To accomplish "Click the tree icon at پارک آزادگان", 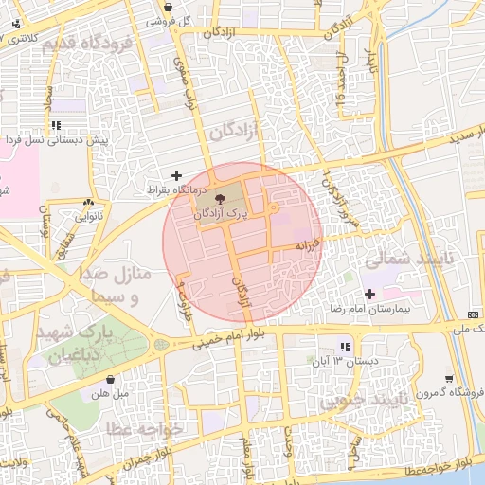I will [x=221, y=199].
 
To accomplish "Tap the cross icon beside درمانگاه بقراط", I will [x=176, y=175].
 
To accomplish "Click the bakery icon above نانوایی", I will [x=89, y=201].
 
